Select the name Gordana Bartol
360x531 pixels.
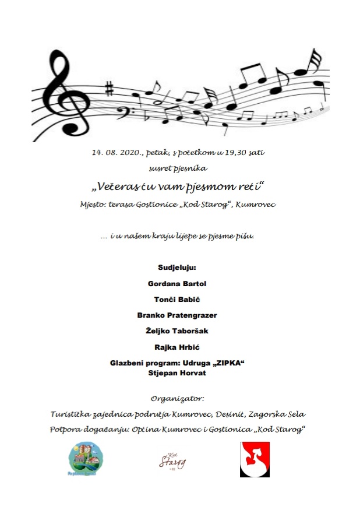click(178, 283)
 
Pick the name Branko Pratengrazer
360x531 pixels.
click(178, 315)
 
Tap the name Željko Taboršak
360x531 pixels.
click(177, 330)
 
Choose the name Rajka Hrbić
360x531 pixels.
click(177, 346)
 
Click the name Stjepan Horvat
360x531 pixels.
click(178, 373)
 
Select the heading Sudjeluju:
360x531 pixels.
click(178, 268)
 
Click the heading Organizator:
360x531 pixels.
click(178, 399)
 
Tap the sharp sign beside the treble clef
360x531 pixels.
click(108, 90)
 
